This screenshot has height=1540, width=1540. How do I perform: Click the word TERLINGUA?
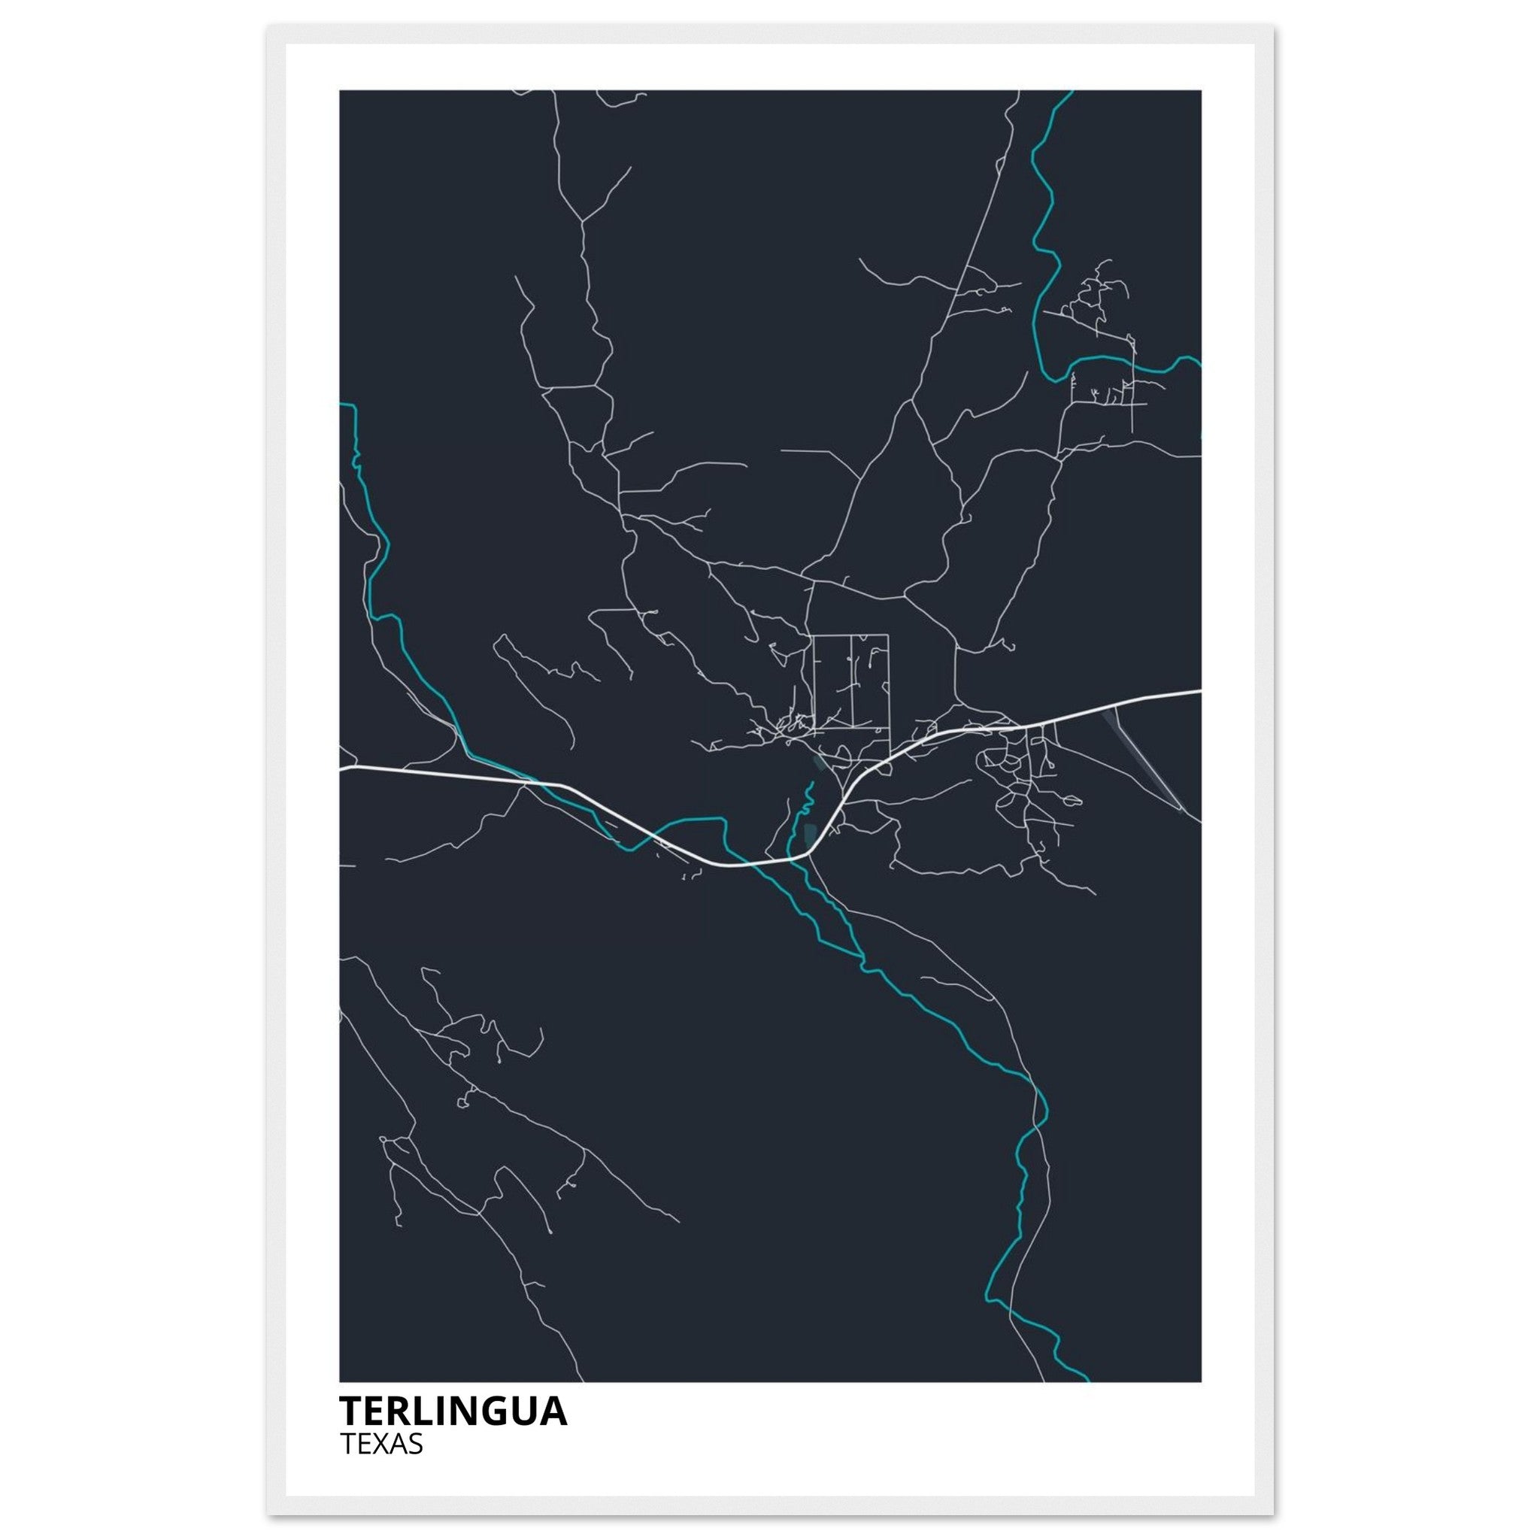(453, 1411)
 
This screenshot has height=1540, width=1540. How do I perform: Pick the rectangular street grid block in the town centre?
(850, 681)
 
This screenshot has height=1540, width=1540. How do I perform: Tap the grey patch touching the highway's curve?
(810, 835)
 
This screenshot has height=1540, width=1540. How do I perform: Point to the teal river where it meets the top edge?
(1070, 92)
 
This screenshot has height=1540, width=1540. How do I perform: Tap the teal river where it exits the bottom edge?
(1085, 1380)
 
